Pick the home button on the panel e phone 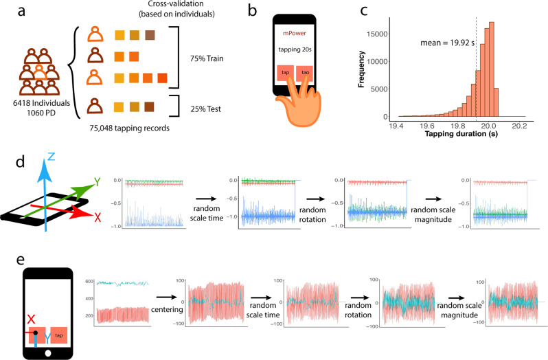(x=47, y=354)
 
